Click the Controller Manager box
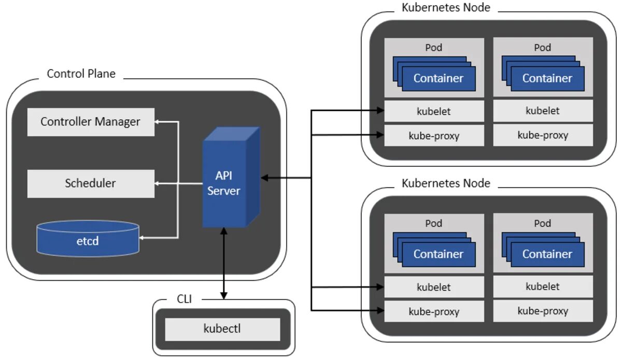(91, 122)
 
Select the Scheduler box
(91, 183)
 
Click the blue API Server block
(224, 184)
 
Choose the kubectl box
(222, 329)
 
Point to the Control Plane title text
(81, 74)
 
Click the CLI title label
(184, 299)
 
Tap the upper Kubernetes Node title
(446, 7)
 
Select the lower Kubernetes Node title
(446, 183)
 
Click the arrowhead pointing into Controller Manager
(159, 122)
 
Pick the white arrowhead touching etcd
(144, 238)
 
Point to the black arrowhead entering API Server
(264, 178)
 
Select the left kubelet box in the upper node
(434, 111)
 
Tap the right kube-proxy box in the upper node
(543, 135)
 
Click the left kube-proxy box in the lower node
(434, 312)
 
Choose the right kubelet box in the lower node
(543, 286)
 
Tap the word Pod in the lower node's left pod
(434, 223)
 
